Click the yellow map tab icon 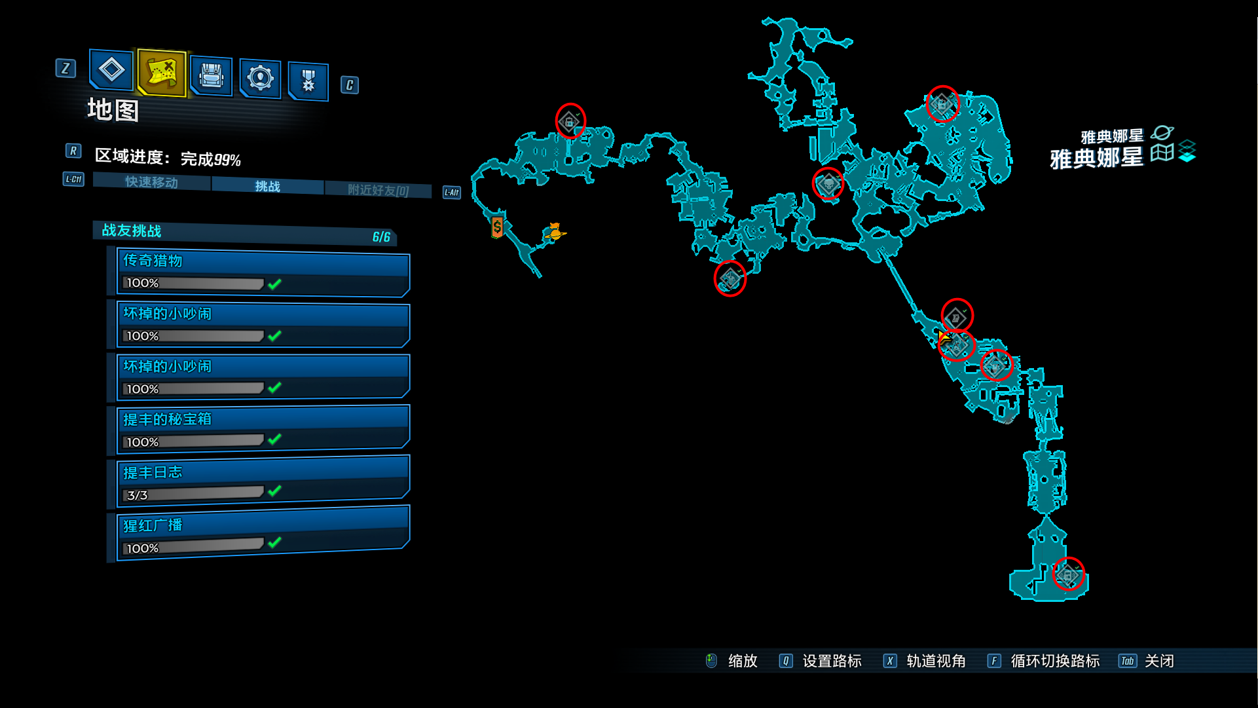[162, 72]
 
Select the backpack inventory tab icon [211, 76]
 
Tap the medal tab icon [308, 81]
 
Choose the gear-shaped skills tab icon [260, 78]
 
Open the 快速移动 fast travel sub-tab [152, 182]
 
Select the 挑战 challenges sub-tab [267, 187]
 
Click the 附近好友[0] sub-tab [378, 191]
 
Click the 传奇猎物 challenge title [153, 261]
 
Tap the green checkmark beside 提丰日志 [275, 491]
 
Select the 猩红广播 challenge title [153, 525]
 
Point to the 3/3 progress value [138, 495]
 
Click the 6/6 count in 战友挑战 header [381, 237]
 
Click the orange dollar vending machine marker [498, 227]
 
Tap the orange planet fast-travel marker [555, 233]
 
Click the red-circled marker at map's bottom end [1068, 574]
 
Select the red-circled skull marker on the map [828, 184]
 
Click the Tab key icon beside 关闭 [1127, 661]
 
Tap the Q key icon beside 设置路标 [786, 661]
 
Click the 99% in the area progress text [227, 160]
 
